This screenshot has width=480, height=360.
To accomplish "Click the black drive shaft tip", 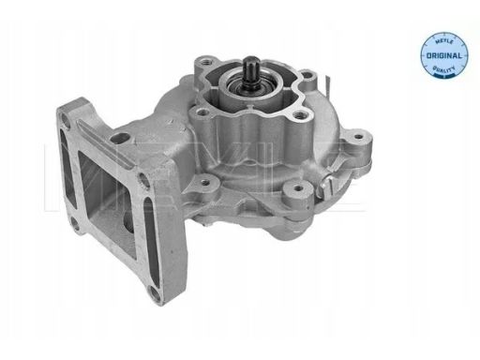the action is coord(250,60).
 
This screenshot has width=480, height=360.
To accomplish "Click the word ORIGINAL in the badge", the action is coord(443,56).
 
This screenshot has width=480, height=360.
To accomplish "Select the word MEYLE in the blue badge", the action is coord(443,41).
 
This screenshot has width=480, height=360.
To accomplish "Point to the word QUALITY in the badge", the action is coord(443,68).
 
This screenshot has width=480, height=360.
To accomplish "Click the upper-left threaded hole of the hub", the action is coord(204,59).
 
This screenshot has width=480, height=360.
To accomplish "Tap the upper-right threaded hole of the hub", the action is coord(308,75).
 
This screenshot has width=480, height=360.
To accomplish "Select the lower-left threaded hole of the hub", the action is coord(202,112).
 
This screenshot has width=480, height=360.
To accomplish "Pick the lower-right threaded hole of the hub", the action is coord(299,115).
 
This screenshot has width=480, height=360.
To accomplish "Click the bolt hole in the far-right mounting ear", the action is coord(359,136).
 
